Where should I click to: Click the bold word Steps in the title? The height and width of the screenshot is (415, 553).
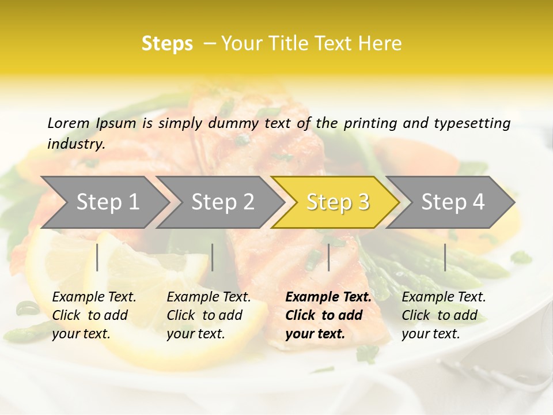point(167,44)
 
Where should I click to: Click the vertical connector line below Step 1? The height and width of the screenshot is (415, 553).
point(97,257)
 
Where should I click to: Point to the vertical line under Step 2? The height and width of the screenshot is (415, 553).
point(213,257)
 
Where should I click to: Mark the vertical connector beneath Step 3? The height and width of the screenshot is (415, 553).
point(329,257)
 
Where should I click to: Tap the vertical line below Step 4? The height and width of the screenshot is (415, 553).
point(445,257)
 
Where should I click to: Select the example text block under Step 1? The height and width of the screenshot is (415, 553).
point(94,315)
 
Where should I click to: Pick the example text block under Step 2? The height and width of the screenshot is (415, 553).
point(209,315)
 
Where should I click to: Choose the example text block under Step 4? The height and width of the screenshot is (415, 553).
point(444,315)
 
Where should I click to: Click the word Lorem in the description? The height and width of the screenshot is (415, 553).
point(69,123)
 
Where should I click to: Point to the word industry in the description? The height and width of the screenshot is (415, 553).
point(76,144)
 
